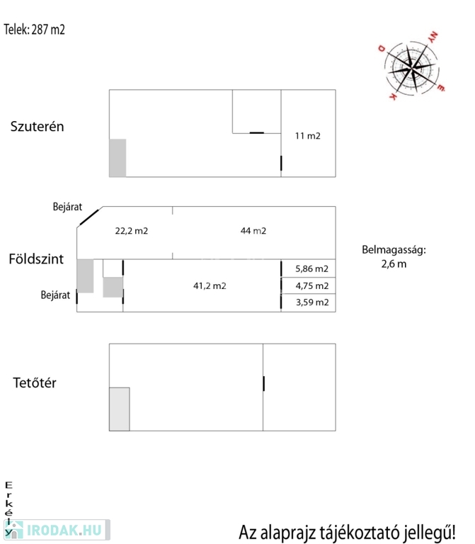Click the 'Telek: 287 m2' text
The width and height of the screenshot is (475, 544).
[x=34, y=30]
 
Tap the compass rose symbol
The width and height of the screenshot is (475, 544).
[x=411, y=68]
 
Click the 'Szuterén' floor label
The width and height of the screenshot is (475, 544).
[x=37, y=126]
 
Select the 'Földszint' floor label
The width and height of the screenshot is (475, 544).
[x=36, y=259]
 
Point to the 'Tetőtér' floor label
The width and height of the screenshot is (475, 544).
[x=34, y=382]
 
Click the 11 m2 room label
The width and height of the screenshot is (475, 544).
[x=307, y=136]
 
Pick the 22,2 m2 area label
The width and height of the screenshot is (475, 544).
[x=132, y=231]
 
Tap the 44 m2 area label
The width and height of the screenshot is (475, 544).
[x=253, y=231]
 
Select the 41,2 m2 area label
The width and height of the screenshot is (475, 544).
[x=210, y=286]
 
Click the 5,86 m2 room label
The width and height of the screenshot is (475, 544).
[x=311, y=268]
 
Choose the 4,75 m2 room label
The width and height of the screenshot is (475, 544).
[x=311, y=286]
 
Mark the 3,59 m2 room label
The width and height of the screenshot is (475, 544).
[x=312, y=302]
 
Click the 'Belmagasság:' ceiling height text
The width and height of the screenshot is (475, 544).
[x=394, y=250]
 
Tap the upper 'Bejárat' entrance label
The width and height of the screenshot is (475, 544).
[x=67, y=207]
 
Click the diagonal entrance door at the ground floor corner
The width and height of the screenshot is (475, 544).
[x=89, y=217]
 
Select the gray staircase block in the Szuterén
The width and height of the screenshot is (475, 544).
[x=118, y=158]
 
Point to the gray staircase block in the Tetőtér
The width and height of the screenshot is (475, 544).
[x=119, y=409]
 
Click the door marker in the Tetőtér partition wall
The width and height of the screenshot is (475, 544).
[x=263, y=383]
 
